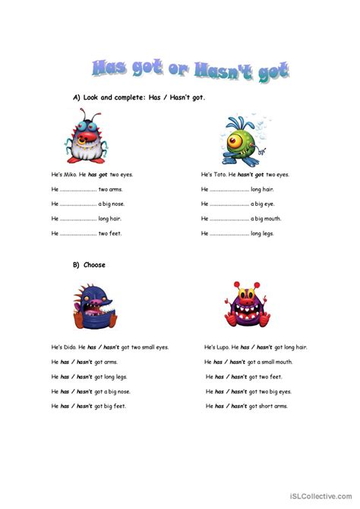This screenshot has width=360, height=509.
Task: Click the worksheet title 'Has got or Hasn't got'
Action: coord(190,71)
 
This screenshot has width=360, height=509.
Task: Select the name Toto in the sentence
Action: coord(219,174)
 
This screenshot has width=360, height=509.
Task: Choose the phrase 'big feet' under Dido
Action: coord(114,406)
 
